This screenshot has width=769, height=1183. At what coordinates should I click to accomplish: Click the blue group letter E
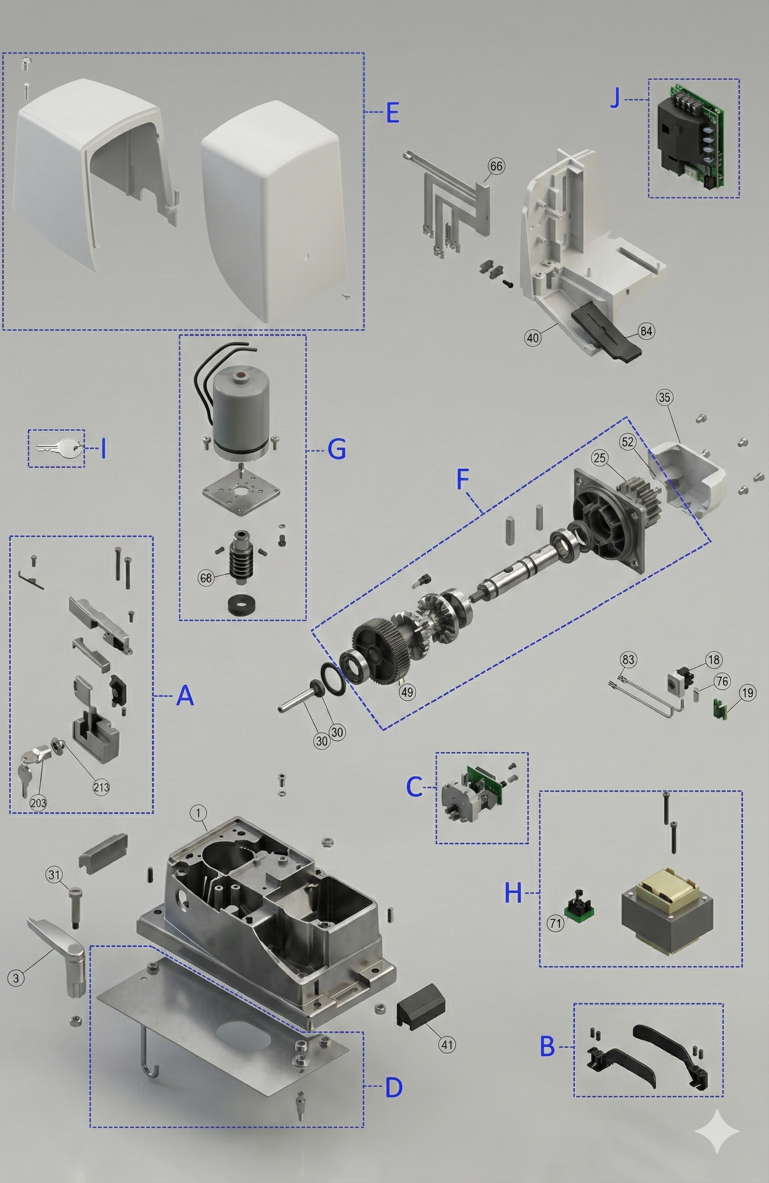click(392, 112)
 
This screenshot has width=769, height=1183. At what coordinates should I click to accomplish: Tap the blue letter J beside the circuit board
click(616, 98)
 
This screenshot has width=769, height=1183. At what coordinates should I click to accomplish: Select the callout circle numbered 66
click(496, 166)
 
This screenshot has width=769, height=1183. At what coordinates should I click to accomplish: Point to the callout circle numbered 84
click(646, 331)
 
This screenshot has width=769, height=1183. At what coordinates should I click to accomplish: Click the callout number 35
click(665, 397)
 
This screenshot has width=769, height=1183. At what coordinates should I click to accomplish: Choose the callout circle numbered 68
click(206, 578)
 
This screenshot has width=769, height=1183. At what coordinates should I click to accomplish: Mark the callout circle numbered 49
click(407, 692)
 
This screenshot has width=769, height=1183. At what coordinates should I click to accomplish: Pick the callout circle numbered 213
click(101, 787)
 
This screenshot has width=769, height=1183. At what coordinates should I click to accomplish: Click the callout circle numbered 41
click(447, 1044)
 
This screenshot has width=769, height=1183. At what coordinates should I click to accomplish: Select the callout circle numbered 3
click(16, 978)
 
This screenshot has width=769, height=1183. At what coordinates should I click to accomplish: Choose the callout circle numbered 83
click(629, 659)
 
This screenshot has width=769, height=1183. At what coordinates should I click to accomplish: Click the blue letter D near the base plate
click(394, 1087)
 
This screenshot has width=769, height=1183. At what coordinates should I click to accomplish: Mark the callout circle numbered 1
click(198, 813)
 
